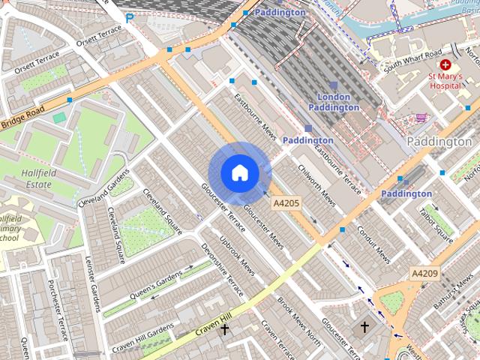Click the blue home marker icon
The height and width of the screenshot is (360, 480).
click(x=239, y=173)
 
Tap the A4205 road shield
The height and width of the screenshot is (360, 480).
click(x=286, y=203)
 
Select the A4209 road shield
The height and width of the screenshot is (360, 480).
click(x=424, y=274)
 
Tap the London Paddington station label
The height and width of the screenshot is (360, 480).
click(x=334, y=102)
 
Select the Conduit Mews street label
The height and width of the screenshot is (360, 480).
click(x=373, y=244)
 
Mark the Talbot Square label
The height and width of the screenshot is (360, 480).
click(x=435, y=225)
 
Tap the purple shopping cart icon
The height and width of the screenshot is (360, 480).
click(x=421, y=117)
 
